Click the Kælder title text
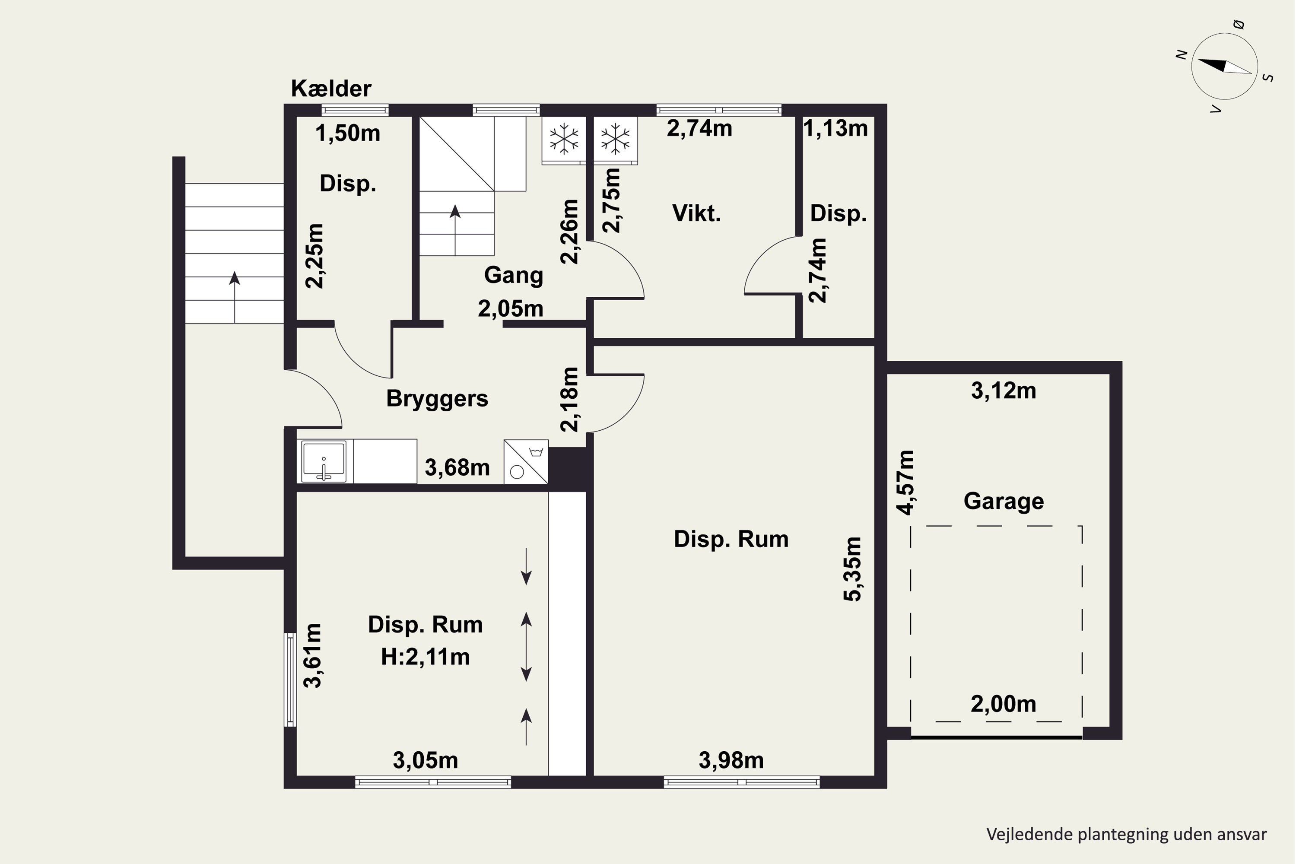tap(331, 89)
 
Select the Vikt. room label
tap(696, 213)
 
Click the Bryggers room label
tap(437, 398)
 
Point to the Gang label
tap(514, 275)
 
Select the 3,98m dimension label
tap(731, 760)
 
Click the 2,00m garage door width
tap(1004, 704)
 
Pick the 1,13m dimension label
tap(835, 128)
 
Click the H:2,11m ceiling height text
tap(426, 657)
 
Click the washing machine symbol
tap(526, 462)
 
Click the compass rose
tap(1224, 66)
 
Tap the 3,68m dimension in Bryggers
tap(457, 468)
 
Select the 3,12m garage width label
tap(1004, 391)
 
